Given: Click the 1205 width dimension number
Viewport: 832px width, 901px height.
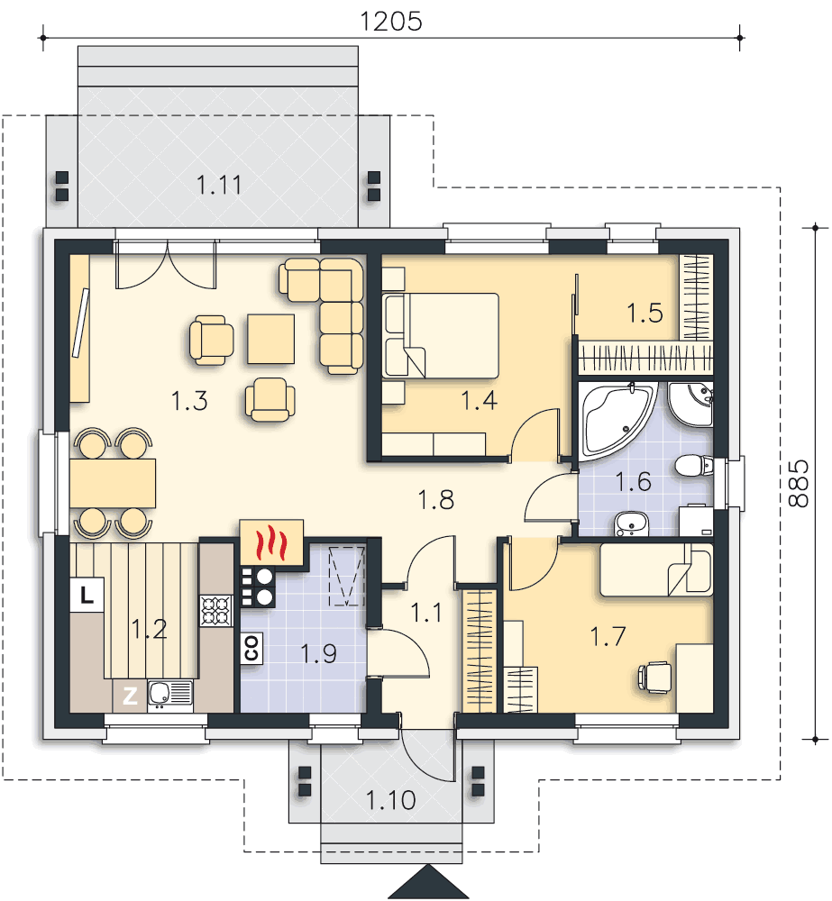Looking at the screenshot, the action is (x=391, y=22).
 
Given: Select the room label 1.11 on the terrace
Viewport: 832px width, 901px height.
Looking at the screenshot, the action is (x=219, y=185).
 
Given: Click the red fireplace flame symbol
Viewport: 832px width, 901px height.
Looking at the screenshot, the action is (x=270, y=543).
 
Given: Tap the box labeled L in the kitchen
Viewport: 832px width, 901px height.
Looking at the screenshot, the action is (x=87, y=596).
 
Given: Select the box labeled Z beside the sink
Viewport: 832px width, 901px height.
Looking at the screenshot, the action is (x=130, y=696).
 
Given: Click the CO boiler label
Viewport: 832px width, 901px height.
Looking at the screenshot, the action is (x=251, y=647).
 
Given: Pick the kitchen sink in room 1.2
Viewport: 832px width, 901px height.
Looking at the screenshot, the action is (x=170, y=694).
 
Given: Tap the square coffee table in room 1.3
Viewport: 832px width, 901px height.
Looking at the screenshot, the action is (x=270, y=339).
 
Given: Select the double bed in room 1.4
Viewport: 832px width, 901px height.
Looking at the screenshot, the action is (x=441, y=335).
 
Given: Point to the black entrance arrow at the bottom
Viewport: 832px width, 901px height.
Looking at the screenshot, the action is (x=428, y=882).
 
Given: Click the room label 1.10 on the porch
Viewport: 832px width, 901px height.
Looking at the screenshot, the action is (x=390, y=800).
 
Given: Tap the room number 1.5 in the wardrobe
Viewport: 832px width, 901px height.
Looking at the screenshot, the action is (x=645, y=314).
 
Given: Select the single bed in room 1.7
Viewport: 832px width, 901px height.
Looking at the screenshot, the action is (x=656, y=569).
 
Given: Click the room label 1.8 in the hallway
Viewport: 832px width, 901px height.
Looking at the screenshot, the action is (x=436, y=500).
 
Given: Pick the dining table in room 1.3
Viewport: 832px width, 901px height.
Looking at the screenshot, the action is (x=113, y=483).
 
